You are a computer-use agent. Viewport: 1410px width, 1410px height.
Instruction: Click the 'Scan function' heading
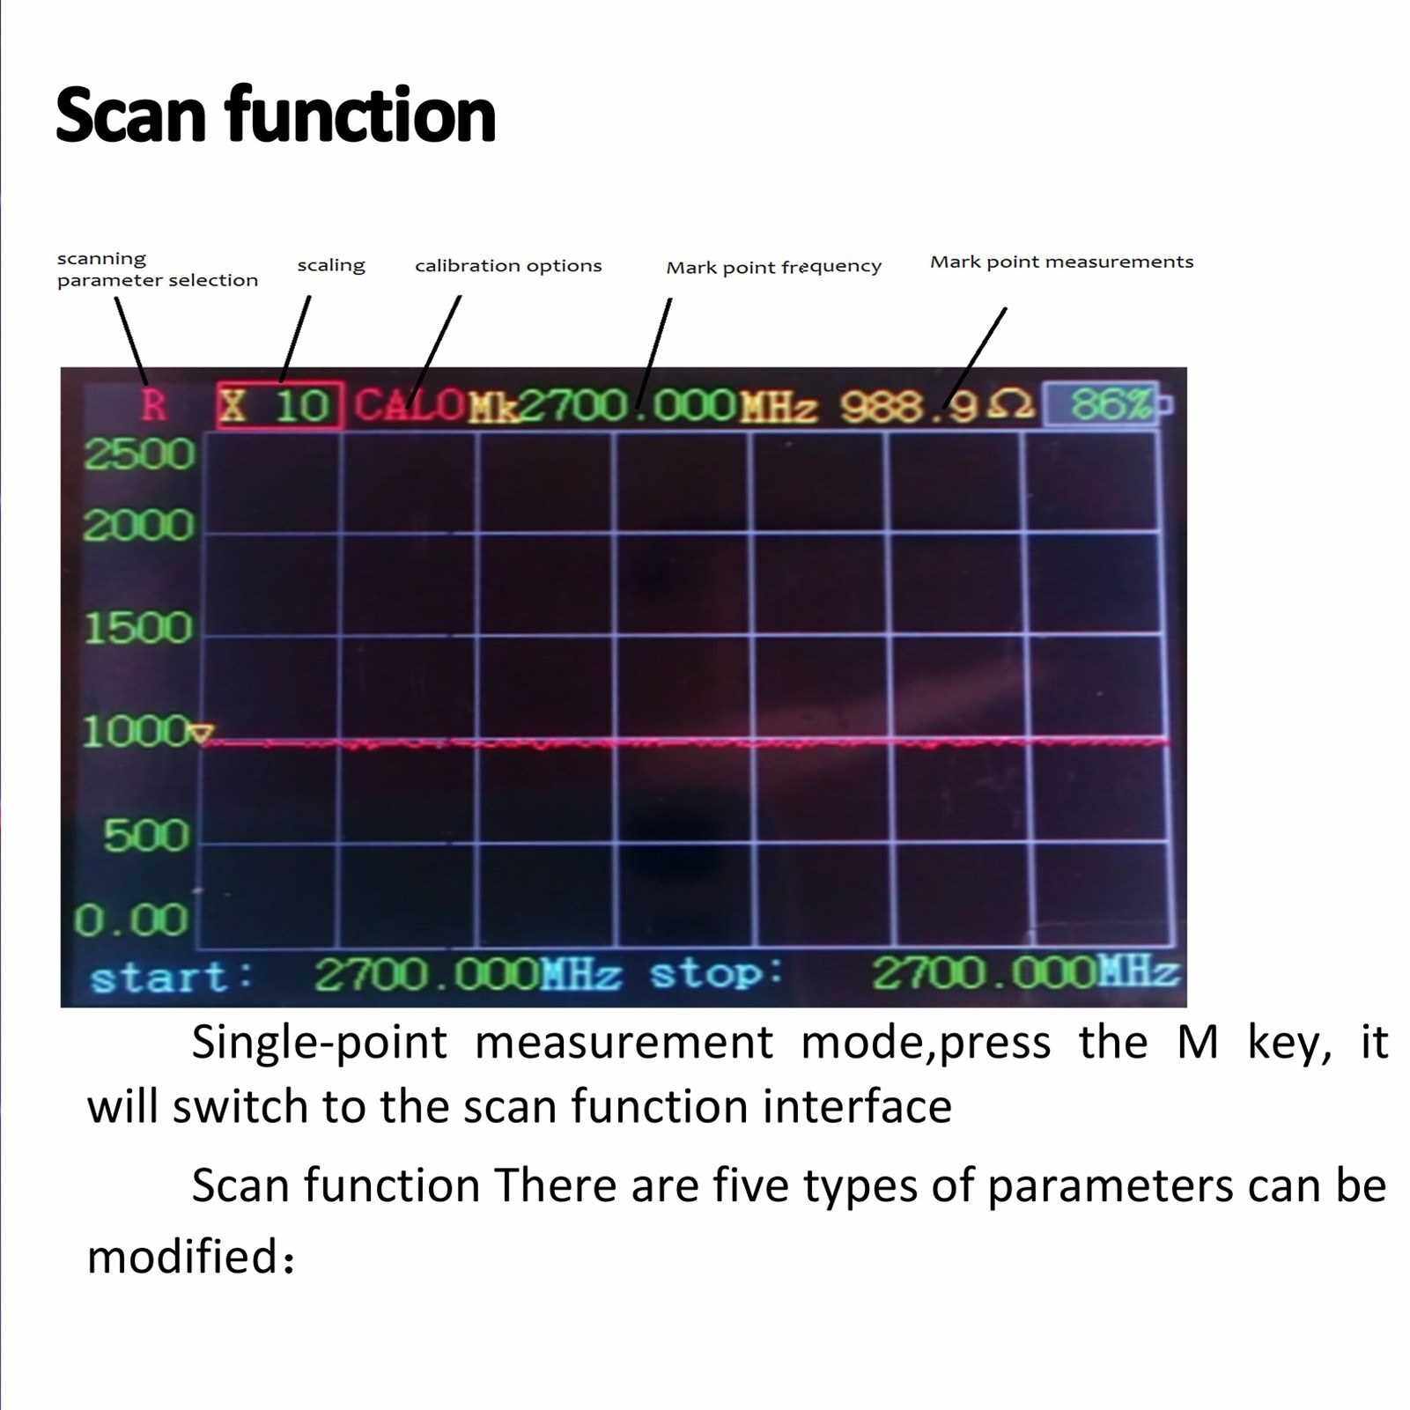coord(276,115)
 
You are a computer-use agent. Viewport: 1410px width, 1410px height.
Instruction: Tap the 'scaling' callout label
coord(331,265)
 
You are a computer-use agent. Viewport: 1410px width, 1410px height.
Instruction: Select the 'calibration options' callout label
coord(508,266)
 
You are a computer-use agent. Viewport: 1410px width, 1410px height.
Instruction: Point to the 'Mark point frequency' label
coord(773,267)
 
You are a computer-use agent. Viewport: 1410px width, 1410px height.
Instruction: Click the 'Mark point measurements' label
coord(1062,262)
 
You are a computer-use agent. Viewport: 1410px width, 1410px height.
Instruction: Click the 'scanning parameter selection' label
coord(158,269)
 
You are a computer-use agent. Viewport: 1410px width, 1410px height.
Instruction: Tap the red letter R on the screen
coord(154,406)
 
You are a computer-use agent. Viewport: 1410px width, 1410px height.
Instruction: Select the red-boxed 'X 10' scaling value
coord(279,406)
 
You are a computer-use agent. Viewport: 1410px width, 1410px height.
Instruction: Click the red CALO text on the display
coord(410,405)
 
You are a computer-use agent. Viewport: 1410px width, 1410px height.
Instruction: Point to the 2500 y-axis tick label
coord(139,454)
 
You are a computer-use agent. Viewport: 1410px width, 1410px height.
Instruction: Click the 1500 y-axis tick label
coord(138,628)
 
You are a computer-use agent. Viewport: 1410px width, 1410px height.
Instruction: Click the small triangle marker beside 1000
coord(203,734)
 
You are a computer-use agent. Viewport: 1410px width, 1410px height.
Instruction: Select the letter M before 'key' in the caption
coord(1198,1042)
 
